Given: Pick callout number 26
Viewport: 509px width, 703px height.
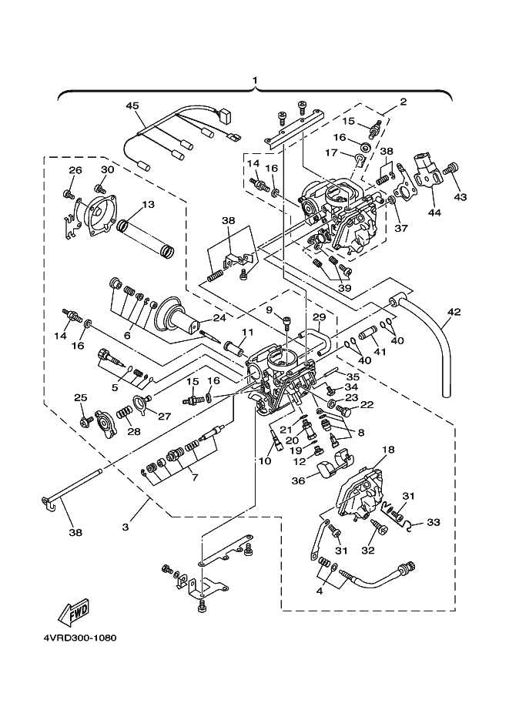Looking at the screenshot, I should click(x=75, y=170).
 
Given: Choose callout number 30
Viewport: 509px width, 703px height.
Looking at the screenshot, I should click(x=107, y=170).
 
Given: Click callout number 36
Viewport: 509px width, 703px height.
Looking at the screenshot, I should click(x=298, y=480).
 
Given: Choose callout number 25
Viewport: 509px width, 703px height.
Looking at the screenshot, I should click(x=80, y=397).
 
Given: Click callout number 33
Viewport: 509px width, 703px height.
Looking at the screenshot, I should click(x=433, y=522).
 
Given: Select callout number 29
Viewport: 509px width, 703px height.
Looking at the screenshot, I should click(x=318, y=316).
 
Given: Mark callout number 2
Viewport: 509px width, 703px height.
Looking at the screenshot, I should click(x=403, y=101).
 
